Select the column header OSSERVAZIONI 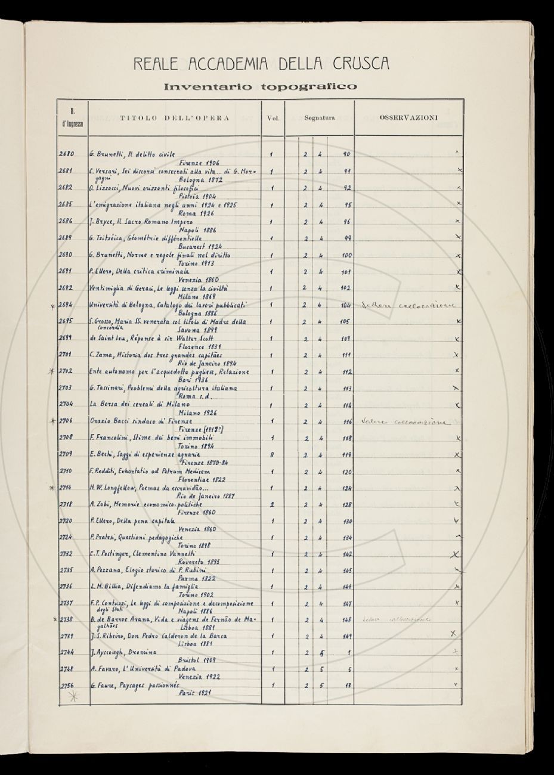coord(408,117)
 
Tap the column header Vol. coord(273,118)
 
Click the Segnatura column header coord(319,118)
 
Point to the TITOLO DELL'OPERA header coord(175,118)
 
